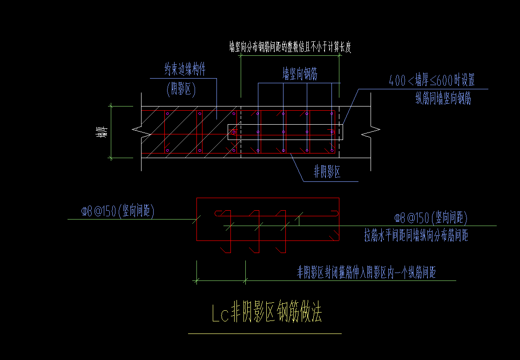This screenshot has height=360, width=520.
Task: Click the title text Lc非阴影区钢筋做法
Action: click(267, 314)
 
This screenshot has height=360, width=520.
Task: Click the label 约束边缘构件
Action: click(185, 70)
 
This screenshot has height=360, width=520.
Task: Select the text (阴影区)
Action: click(181, 90)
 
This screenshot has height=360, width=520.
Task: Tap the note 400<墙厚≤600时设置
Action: click(432, 80)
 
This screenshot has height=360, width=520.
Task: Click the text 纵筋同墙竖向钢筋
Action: click(443, 99)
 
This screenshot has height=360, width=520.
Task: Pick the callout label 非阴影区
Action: click(327, 173)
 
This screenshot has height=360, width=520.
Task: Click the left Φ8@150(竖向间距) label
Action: click(117, 212)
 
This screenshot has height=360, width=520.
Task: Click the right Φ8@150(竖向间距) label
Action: click(431, 218)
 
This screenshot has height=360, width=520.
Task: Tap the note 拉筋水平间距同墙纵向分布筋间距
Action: click(416, 235)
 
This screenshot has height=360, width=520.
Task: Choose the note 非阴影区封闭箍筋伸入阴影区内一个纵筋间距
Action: click(366, 272)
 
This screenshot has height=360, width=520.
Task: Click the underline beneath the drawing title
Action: click(264, 333)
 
